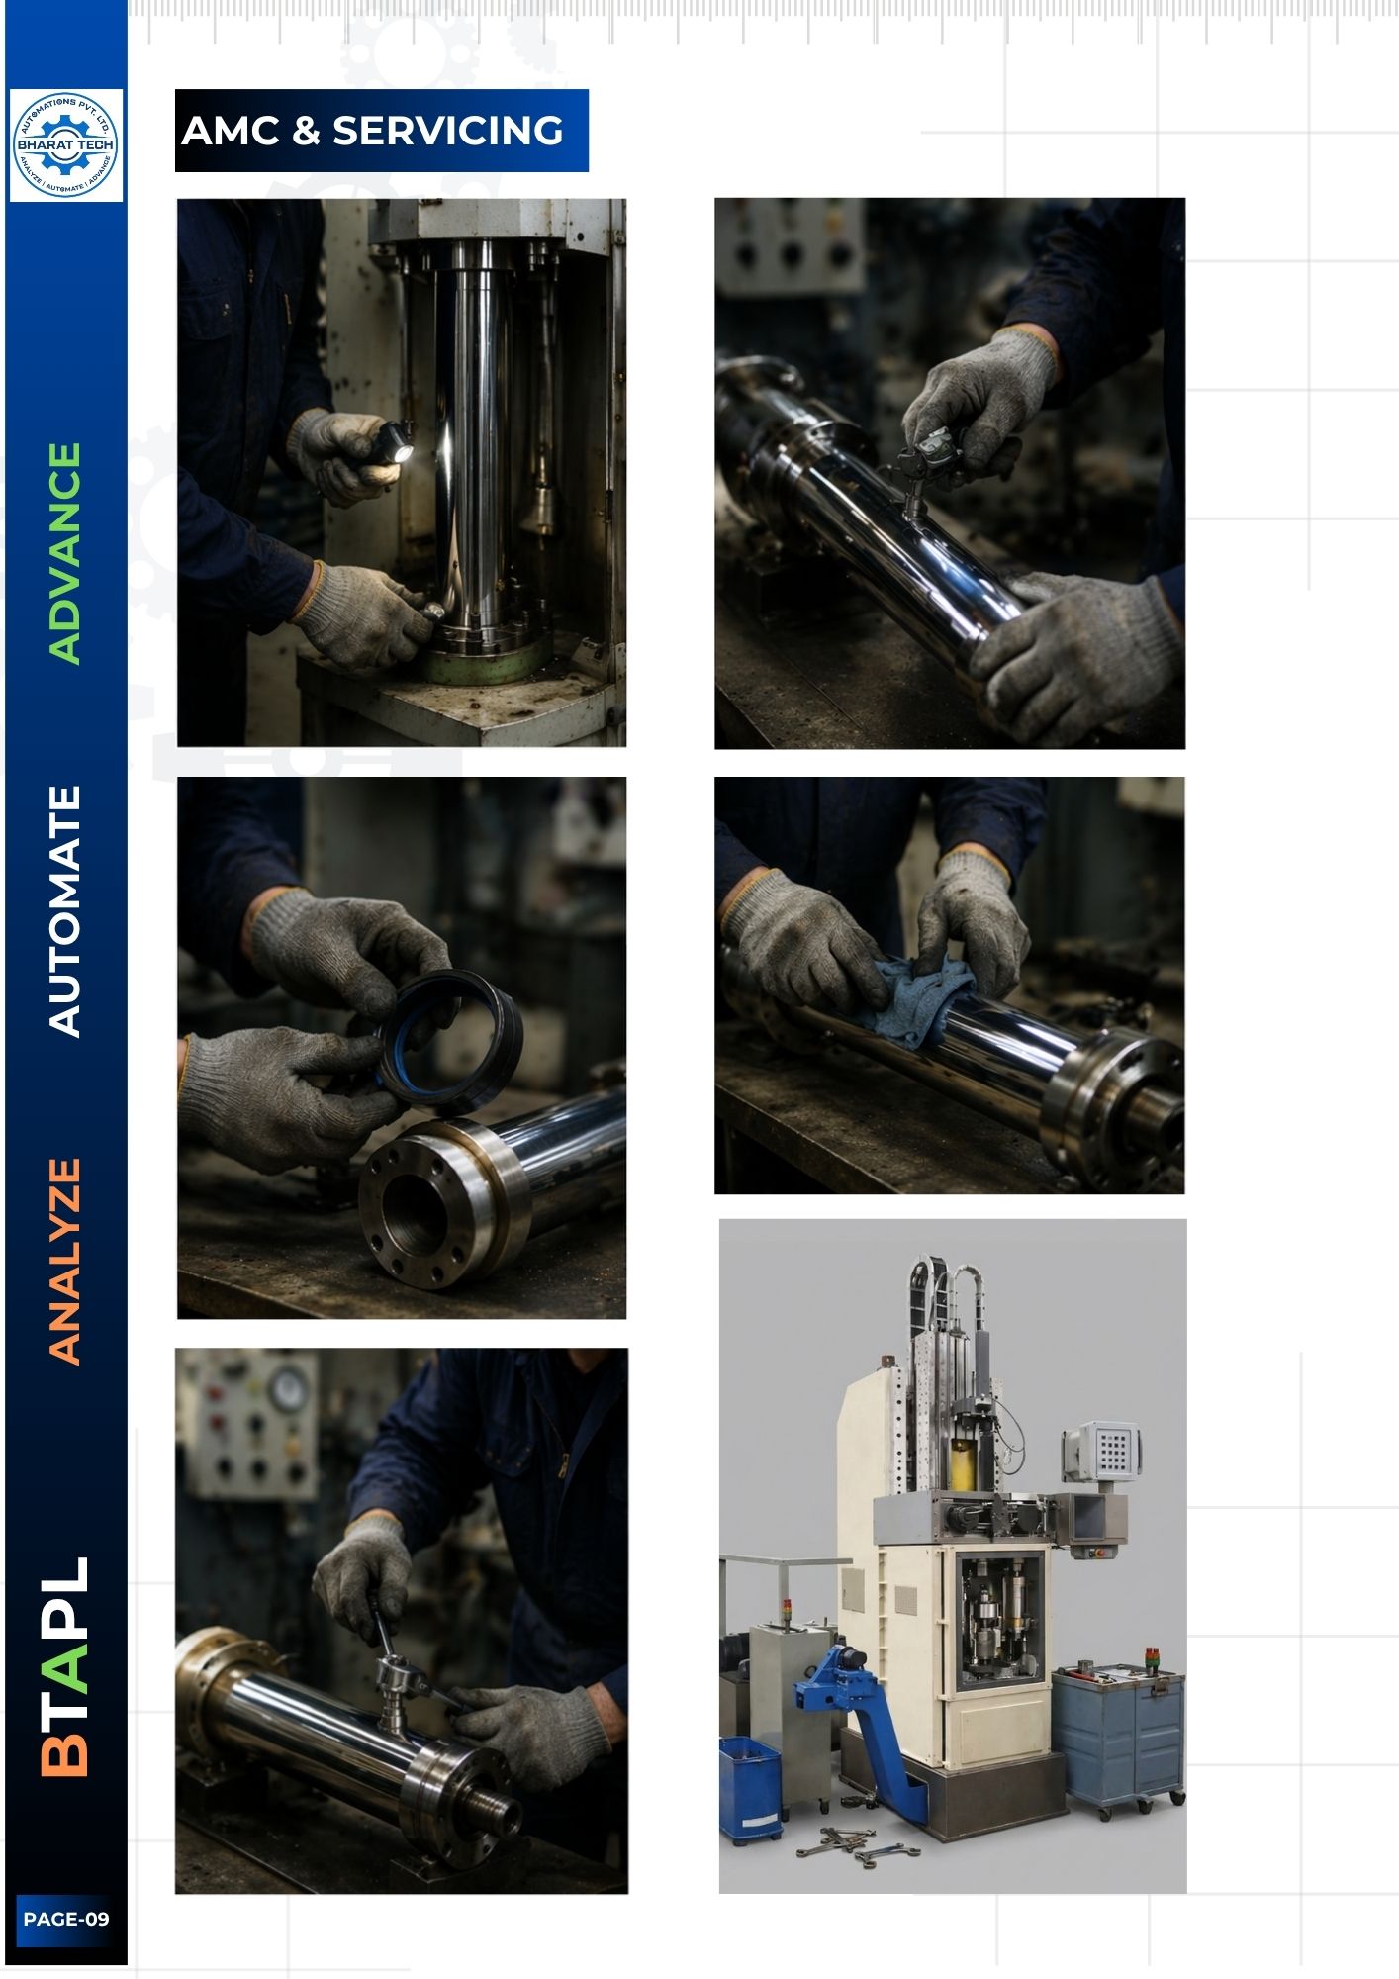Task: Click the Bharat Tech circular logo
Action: tap(66, 145)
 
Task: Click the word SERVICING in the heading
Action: tap(447, 131)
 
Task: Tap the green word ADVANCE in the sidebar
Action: tap(65, 553)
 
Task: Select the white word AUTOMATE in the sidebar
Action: tap(65, 911)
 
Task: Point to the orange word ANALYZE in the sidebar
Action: tap(65, 1263)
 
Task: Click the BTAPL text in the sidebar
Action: tap(65, 1667)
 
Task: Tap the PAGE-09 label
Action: tap(66, 1919)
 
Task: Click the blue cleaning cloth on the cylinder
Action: tap(914, 998)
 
